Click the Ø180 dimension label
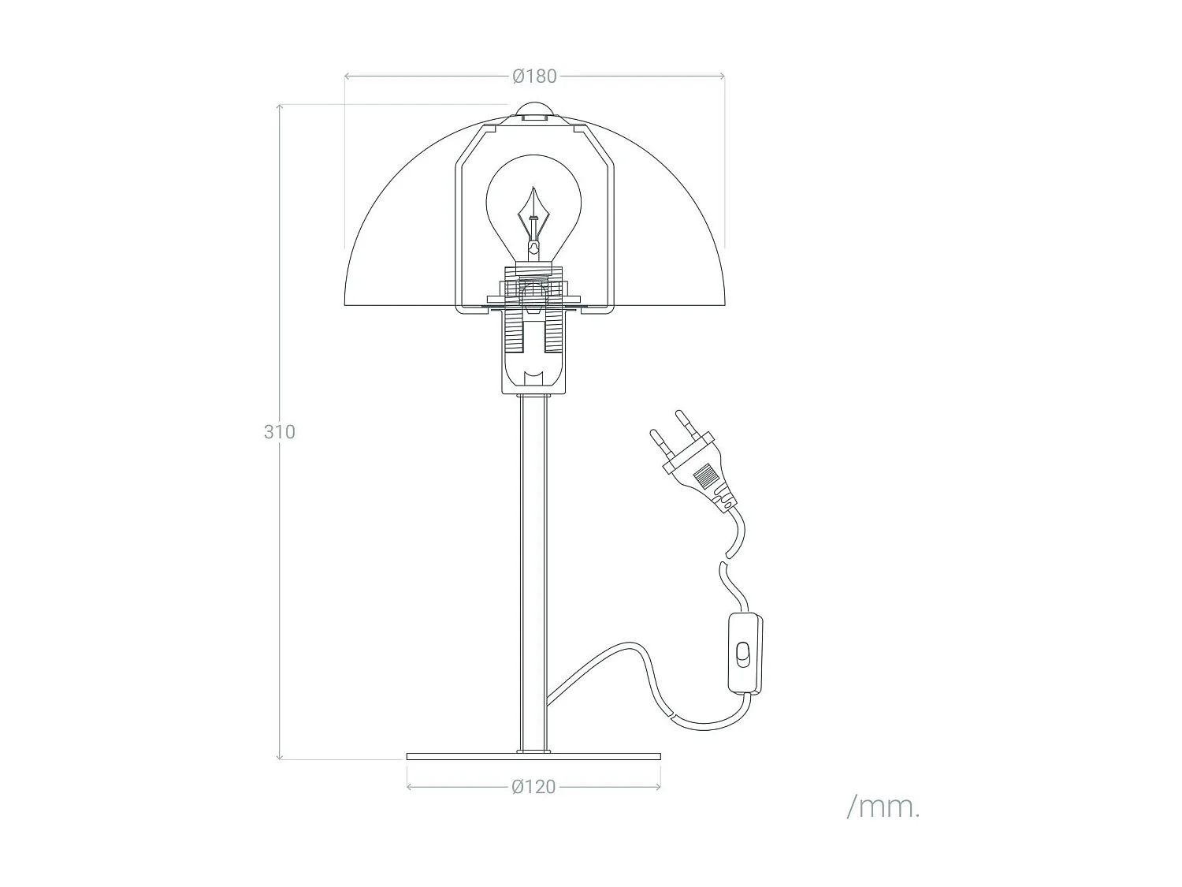pos(533,76)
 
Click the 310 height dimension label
pos(279,432)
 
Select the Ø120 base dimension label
pos(533,787)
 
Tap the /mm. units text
pos(883,807)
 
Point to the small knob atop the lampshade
pos(534,110)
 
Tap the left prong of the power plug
pos(657,439)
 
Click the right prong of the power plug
pos(685,420)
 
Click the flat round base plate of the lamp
pos(533,757)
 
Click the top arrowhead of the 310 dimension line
pos(280,106)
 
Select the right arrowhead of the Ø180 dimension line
pos(722,76)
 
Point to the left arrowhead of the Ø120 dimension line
pos(410,787)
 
